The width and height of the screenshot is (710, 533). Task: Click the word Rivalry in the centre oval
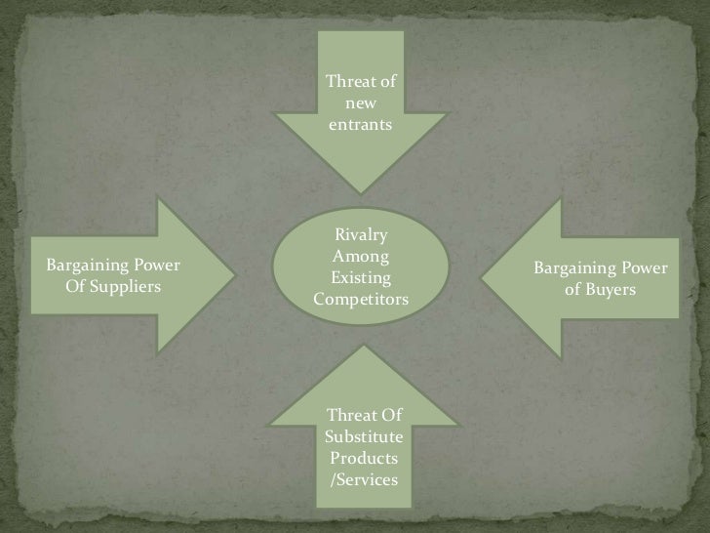point(361,235)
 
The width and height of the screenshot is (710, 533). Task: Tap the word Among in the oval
point(361,257)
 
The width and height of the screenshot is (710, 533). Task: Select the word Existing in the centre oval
point(362,278)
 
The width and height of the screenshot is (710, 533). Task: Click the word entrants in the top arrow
point(361,126)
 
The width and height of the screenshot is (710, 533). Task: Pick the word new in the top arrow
point(361,103)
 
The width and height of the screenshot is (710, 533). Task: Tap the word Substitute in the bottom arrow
point(362,437)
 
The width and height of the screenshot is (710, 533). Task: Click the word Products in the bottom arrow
point(362,458)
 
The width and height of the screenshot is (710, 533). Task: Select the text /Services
point(362,479)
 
